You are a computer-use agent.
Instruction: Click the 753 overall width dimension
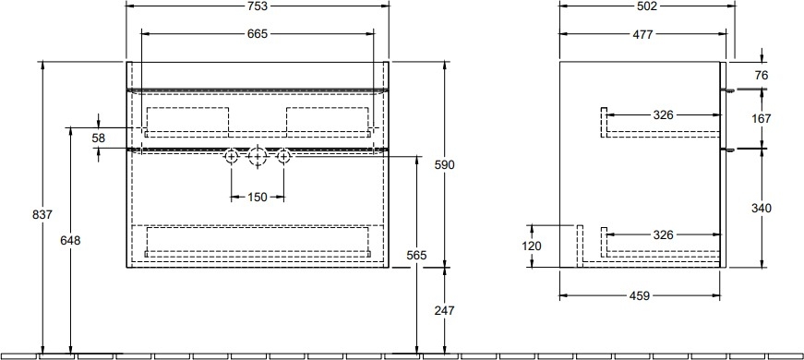(258, 6)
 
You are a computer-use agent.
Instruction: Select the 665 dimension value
(258, 34)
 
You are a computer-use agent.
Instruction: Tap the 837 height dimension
(42, 214)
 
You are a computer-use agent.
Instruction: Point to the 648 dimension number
(70, 240)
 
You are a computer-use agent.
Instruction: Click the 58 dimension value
(99, 138)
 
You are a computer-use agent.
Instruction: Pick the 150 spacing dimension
(258, 197)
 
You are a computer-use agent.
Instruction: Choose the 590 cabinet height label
(445, 164)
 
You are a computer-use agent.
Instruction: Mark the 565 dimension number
(416, 256)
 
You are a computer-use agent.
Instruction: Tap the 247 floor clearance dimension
(445, 311)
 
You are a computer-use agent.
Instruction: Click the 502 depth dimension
(647, 6)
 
